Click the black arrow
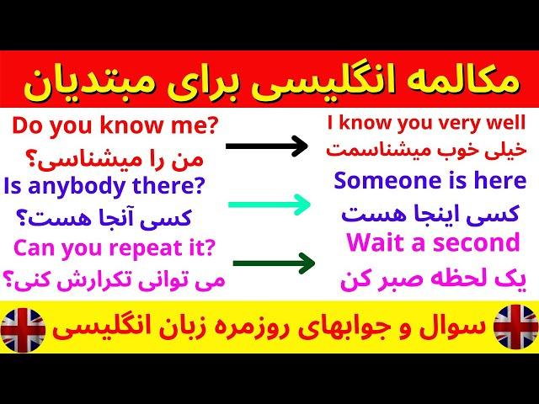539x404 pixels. click(x=267, y=146)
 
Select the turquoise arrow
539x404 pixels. click(x=269, y=205)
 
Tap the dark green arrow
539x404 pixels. click(x=274, y=263)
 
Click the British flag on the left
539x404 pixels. click(x=23, y=330)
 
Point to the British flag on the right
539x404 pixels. click(x=515, y=327)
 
